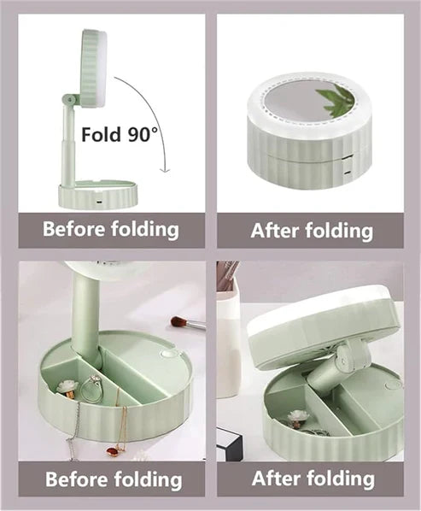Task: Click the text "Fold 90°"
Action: click(120, 134)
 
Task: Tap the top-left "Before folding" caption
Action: click(110, 230)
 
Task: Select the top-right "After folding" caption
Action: click(312, 231)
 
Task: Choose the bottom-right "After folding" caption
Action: click(312, 478)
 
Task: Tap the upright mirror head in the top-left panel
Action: click(92, 68)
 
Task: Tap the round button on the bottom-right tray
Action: click(394, 385)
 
